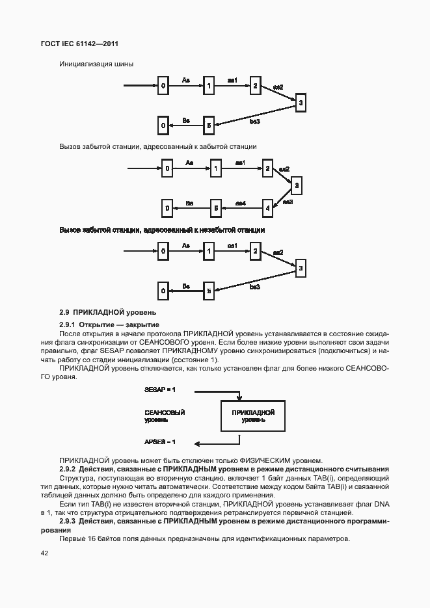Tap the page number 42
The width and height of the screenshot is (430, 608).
tap(45, 553)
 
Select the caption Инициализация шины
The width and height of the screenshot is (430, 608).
tap(96, 64)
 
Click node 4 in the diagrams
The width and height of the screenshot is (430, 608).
tap(267, 208)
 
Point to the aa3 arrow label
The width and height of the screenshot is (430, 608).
tap(288, 202)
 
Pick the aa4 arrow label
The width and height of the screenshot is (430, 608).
tap(240, 203)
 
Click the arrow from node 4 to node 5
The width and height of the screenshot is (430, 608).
tap(241, 209)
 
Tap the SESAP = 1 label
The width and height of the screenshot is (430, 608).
tap(160, 389)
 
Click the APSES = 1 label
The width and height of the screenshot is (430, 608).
tap(160, 442)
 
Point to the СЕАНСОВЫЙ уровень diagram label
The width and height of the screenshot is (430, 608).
tap(165, 416)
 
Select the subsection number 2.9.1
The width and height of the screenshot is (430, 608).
tap(68, 324)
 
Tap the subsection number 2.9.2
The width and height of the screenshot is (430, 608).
tap(68, 469)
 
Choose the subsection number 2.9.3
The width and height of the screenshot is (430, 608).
tap(68, 522)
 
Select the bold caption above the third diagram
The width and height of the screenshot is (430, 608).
tap(162, 230)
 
